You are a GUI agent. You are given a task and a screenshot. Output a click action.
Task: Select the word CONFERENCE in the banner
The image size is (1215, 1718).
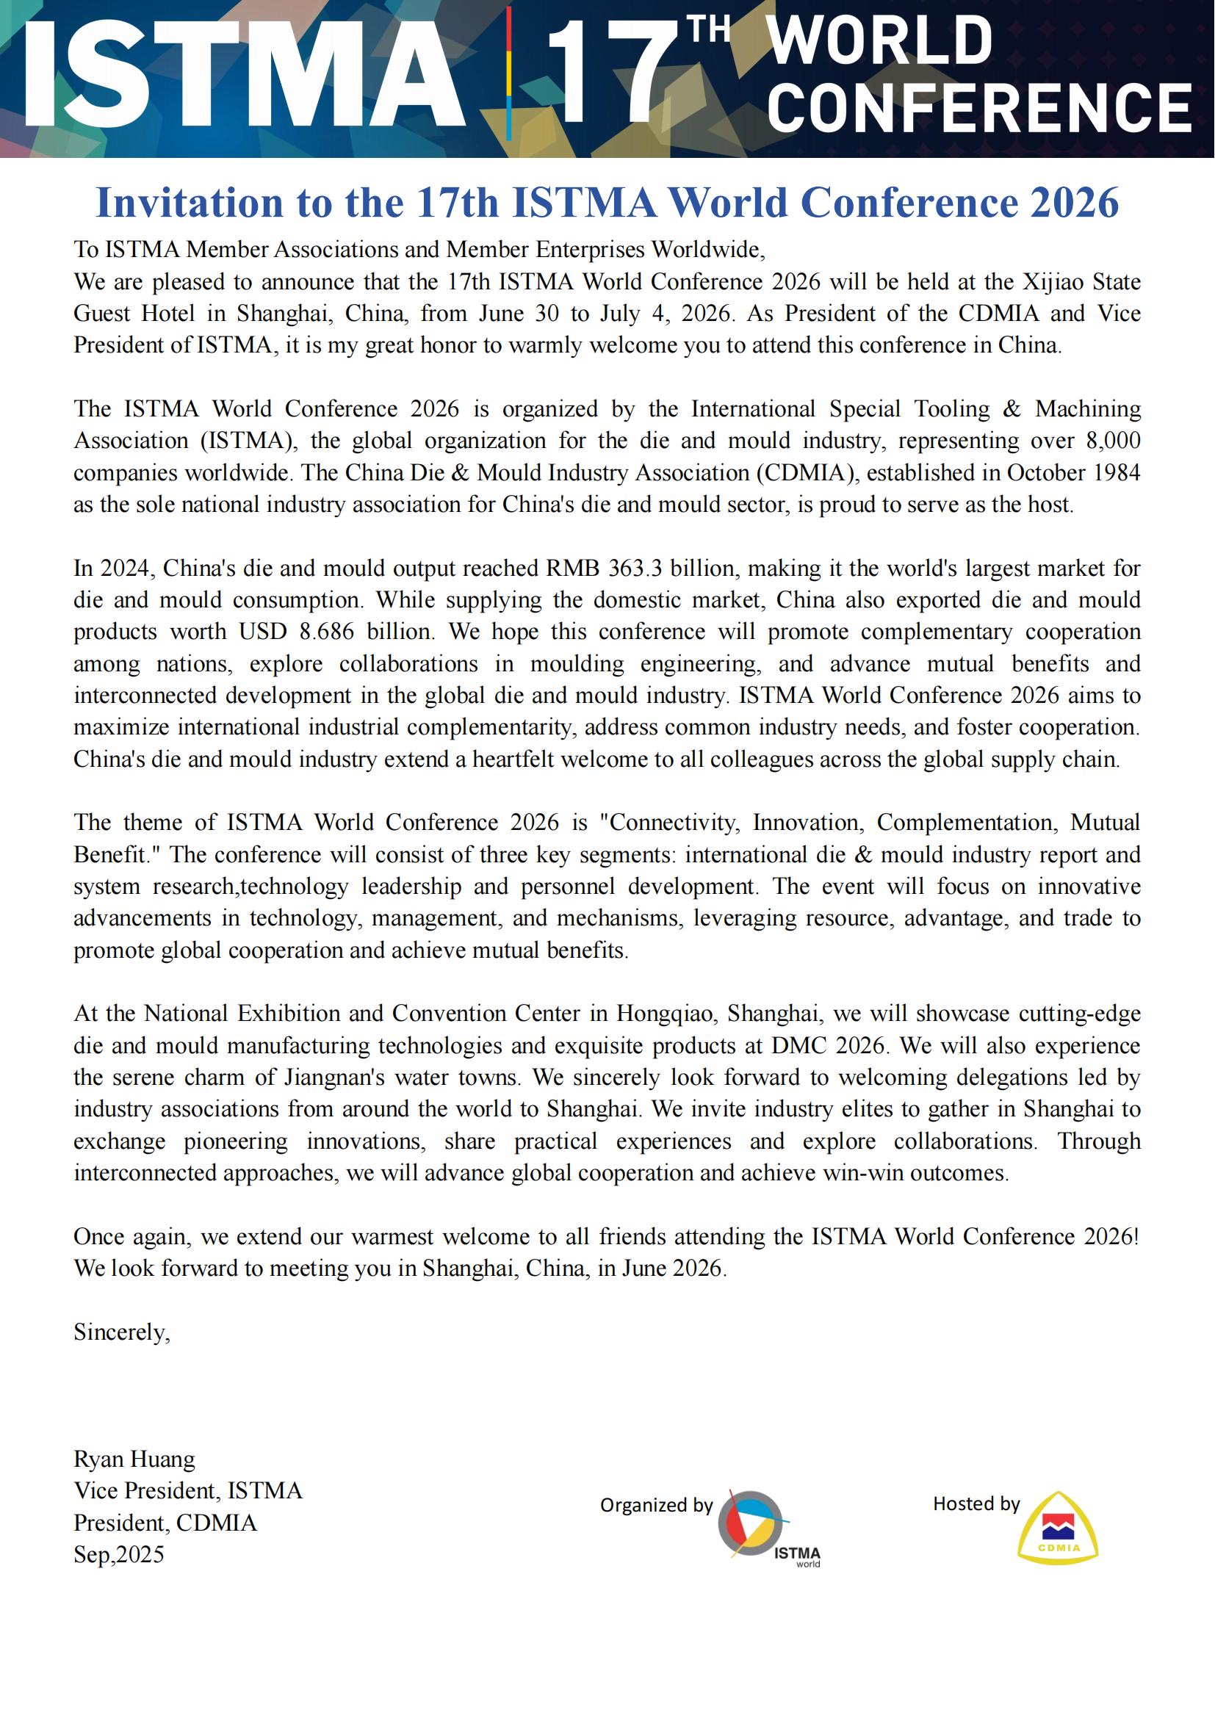click(978, 109)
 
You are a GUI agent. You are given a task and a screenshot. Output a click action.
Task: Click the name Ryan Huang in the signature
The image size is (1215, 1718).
click(134, 1459)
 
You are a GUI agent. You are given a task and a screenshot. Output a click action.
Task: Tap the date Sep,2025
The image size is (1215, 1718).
click(118, 1554)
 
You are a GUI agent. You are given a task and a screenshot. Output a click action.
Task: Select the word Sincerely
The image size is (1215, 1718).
click(121, 1331)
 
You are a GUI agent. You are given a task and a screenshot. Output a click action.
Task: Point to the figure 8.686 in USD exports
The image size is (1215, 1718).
click(326, 632)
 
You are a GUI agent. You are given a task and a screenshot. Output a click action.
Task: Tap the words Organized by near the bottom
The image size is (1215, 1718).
click(656, 1505)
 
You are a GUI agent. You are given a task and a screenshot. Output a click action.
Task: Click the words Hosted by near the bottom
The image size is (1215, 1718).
click(976, 1504)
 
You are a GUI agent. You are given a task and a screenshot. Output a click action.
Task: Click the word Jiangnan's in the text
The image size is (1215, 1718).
click(334, 1077)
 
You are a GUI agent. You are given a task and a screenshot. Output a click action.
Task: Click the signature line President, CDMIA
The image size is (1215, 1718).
click(165, 1523)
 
